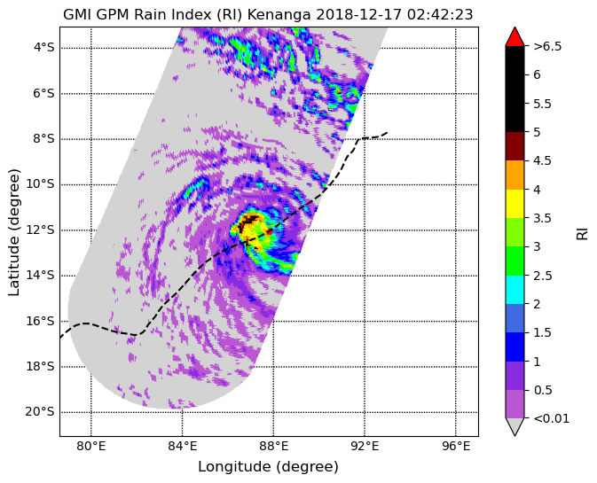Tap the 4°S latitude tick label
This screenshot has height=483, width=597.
pyautogui.click(x=43, y=48)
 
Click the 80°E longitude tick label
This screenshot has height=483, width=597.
pyautogui.click(x=91, y=446)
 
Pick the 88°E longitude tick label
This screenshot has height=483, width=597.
pyautogui.click(x=273, y=446)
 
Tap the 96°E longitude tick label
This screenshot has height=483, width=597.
pyautogui.click(x=456, y=446)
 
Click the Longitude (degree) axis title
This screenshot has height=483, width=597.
pyautogui.click(x=269, y=466)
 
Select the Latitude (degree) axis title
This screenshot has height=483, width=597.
pyautogui.click(x=13, y=232)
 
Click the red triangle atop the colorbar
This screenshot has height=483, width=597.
pyautogui.click(x=515, y=37)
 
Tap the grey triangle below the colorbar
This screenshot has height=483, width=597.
pyautogui.click(x=515, y=426)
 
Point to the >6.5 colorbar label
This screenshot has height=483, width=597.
pyautogui.click(x=547, y=46)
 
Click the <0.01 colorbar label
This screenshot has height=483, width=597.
pyautogui.click(x=552, y=418)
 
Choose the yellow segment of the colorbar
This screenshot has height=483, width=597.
pyautogui.click(x=515, y=204)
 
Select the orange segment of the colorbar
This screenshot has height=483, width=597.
pyautogui.click(x=515, y=175)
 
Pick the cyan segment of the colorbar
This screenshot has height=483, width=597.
pyautogui.click(x=515, y=290)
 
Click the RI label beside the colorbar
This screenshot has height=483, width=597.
pyautogui.click(x=583, y=233)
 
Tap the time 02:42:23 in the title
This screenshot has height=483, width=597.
pyautogui.click(x=440, y=14)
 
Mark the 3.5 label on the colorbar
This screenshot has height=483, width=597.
pyautogui.click(x=543, y=218)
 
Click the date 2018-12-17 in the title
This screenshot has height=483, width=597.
pyautogui.click(x=359, y=14)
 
